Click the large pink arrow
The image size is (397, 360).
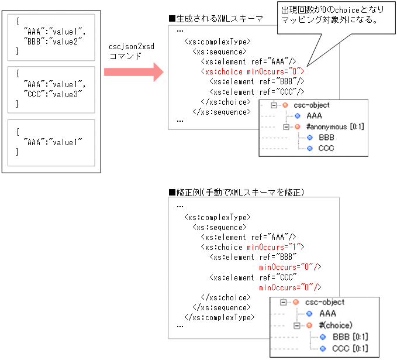[x=134, y=72]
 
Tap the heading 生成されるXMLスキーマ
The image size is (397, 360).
[x=215, y=19]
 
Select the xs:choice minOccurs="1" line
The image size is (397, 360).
[x=252, y=247]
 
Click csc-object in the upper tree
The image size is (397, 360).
[x=311, y=105]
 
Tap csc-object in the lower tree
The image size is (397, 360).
[x=324, y=303]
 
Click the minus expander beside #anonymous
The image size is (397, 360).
[x=286, y=126]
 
